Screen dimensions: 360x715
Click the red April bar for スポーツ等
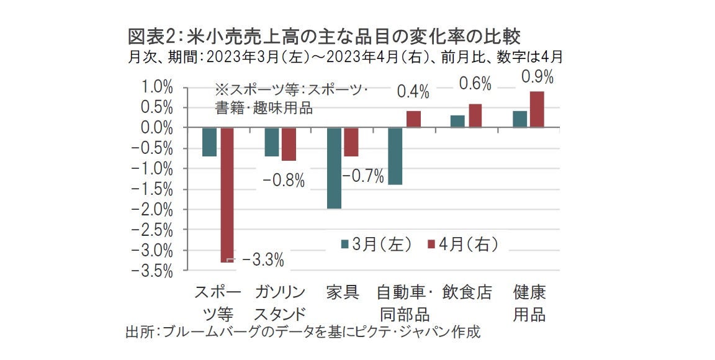pyautogui.click(x=227, y=195)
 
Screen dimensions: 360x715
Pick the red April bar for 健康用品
pyautogui.click(x=537, y=109)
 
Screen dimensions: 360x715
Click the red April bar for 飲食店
pyautogui.click(x=475, y=115)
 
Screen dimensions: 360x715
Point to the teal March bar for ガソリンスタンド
pyautogui.click(x=272, y=142)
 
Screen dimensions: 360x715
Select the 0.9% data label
pyautogui.click(x=537, y=78)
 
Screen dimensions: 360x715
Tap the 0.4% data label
pyautogui.click(x=413, y=92)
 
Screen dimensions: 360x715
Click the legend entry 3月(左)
pyautogui.click(x=377, y=244)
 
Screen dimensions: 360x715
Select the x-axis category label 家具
pyautogui.click(x=343, y=292)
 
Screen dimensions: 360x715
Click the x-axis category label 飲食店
pyautogui.click(x=467, y=292)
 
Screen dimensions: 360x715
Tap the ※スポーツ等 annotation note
pyautogui.click(x=292, y=97)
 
